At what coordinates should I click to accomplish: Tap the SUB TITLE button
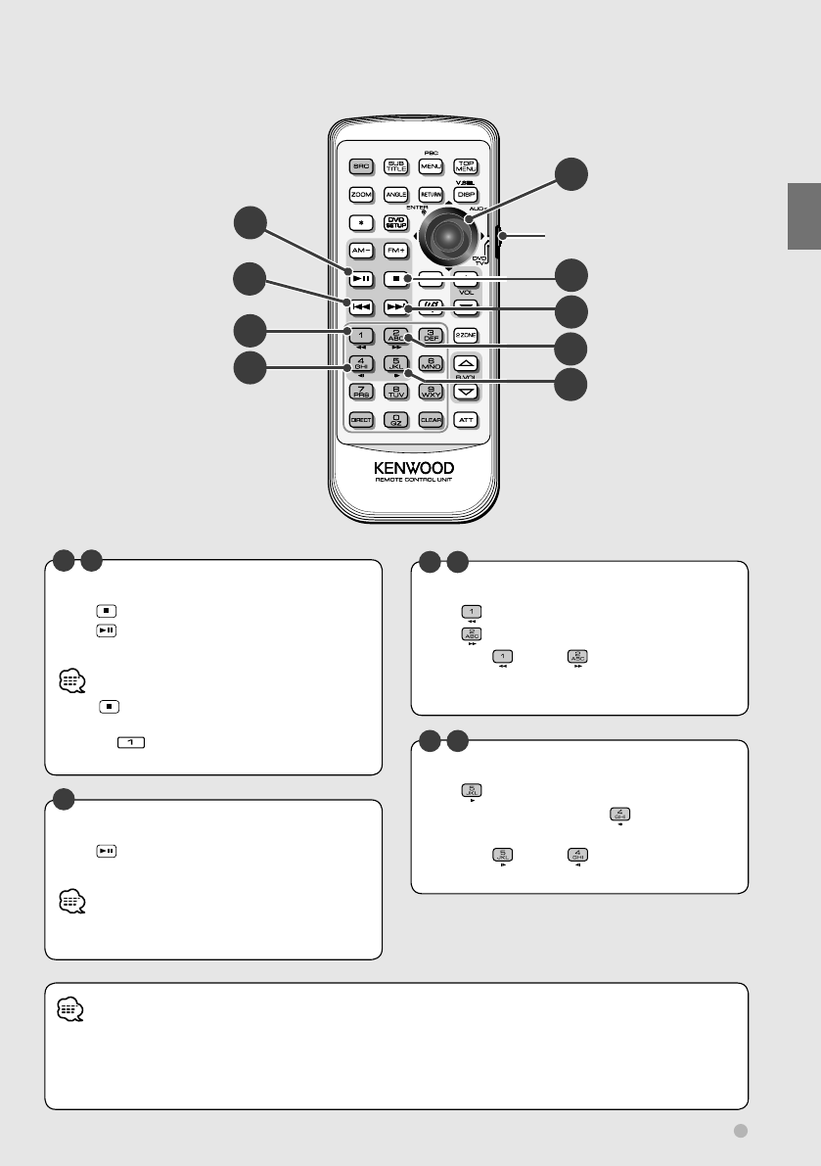click(395, 166)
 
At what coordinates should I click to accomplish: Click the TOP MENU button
click(466, 166)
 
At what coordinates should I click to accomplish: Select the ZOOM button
click(360, 195)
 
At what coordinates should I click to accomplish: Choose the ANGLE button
click(395, 195)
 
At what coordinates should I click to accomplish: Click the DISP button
click(466, 195)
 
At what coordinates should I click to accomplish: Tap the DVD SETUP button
click(395, 222)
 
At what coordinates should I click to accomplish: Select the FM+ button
click(395, 251)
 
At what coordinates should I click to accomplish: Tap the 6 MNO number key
click(431, 364)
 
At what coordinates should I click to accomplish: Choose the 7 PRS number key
click(360, 392)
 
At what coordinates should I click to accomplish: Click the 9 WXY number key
click(431, 392)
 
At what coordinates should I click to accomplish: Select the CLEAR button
click(431, 420)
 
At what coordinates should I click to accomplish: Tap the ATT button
click(466, 420)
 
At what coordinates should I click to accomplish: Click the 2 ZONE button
click(466, 335)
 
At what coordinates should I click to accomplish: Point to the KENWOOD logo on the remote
click(413, 468)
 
